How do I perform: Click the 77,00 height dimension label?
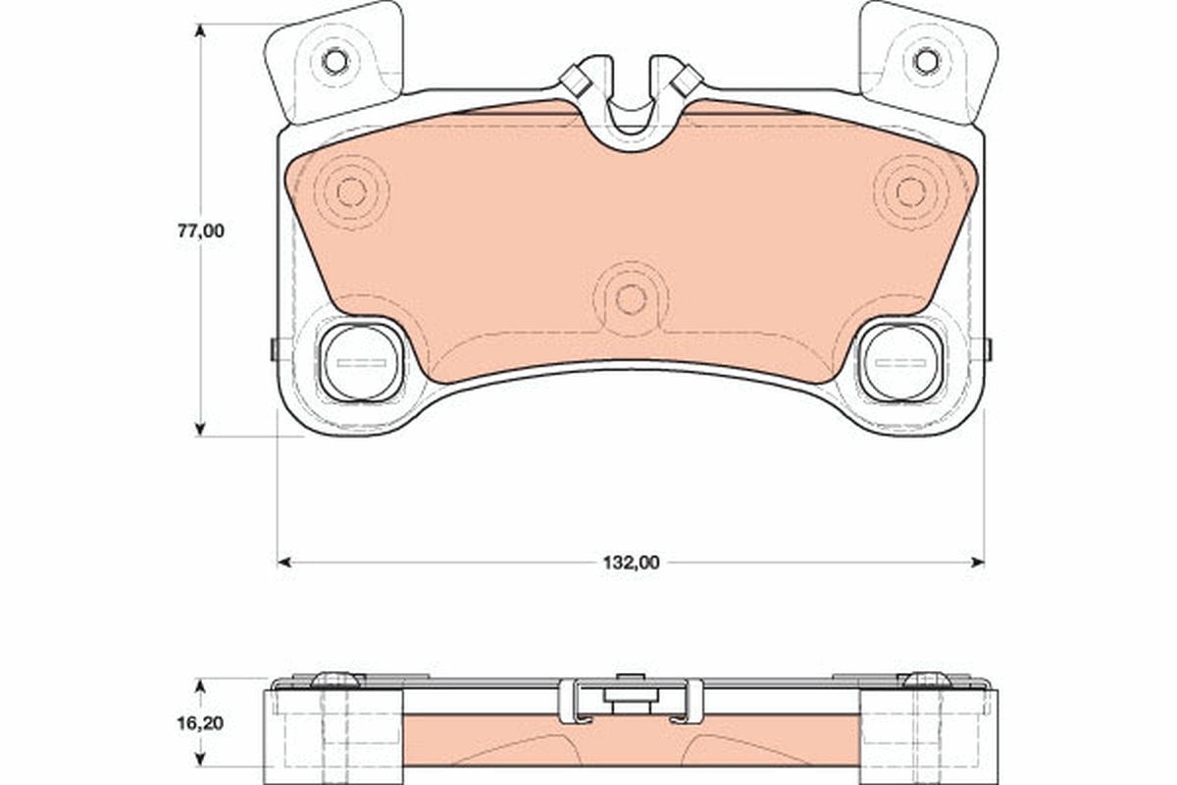[201, 232]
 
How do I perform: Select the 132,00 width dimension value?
[631, 563]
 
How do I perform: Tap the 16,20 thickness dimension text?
[200, 723]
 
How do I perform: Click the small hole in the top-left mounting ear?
[334, 61]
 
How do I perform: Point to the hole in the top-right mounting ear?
[926, 61]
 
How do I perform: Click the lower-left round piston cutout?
[361, 363]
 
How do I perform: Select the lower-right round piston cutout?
[899, 363]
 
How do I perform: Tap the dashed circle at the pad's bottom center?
[631, 299]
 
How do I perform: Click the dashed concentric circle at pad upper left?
[351, 192]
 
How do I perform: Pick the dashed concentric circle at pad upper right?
[911, 192]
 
